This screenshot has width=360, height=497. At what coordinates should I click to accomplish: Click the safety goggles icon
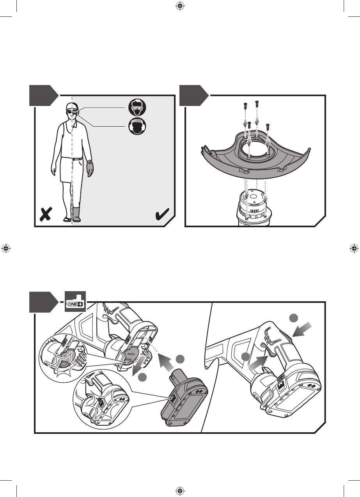pyautogui.click(x=137, y=106)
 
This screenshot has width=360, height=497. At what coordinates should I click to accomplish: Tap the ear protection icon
pyautogui.click(x=137, y=126)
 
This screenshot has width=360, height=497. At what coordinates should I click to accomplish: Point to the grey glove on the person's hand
pyautogui.click(x=90, y=169)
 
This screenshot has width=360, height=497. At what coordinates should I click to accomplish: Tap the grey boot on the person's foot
pyautogui.click(x=77, y=214)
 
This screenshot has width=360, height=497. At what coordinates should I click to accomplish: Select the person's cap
pyautogui.click(x=71, y=106)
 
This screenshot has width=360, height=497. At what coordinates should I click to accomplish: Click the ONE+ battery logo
pyautogui.click(x=75, y=303)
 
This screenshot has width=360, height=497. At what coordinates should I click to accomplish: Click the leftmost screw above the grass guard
pyautogui.click(x=245, y=105)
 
